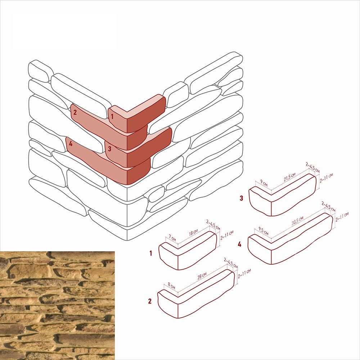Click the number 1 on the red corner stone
point(112,117)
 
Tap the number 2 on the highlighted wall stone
point(75,112)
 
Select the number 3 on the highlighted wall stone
point(109,149)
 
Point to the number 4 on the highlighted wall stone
point(71,144)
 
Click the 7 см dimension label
point(172,238)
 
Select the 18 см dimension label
point(193,233)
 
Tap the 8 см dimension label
point(171,285)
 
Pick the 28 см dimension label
point(202,276)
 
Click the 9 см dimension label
point(264,183)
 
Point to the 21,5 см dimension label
point(289,177)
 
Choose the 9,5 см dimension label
point(264,231)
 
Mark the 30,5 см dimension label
point(298,220)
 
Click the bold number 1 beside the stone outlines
point(150,253)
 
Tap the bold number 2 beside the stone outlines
point(150,301)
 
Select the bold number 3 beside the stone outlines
point(241,198)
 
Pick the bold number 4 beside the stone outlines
point(239,244)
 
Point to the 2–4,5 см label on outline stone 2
point(231,263)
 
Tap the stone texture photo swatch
point(57,306)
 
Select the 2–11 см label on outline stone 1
point(227,235)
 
